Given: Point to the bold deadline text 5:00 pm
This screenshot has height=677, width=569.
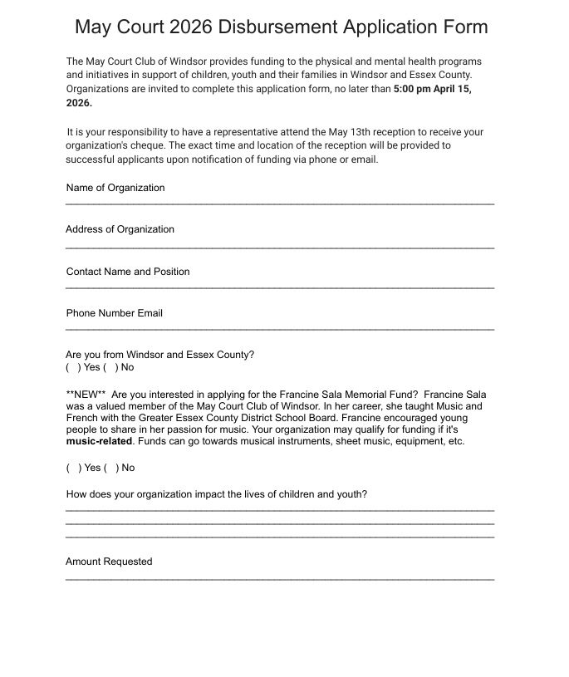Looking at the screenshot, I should coord(412,89).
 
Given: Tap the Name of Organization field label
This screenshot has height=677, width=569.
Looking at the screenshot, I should coord(115,188).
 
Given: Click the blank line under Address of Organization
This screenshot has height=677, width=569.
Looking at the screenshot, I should coord(280,248).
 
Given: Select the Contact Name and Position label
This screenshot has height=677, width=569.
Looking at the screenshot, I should coord(128,272).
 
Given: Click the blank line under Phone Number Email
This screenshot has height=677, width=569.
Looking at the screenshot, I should coord(280,330).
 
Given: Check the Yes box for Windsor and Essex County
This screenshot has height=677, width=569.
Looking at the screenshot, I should coord(73,367).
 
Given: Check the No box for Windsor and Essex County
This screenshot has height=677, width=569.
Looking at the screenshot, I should coord(111,367).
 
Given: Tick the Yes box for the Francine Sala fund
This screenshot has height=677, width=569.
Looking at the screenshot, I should coord(73,468).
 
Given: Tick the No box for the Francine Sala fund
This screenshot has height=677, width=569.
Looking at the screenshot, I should coord(111,468).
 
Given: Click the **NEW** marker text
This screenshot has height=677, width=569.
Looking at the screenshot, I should coord(86,395).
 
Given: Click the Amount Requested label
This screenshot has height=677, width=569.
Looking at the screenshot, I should coord(109,562).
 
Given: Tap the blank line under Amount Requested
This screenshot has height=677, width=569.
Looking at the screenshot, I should coord(280,578).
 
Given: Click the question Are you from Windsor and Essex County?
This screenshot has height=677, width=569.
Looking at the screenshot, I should coord(159,355).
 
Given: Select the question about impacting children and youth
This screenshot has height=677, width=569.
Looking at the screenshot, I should coord(216,494).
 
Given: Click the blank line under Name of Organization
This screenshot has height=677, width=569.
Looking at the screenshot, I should coord(280,204).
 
